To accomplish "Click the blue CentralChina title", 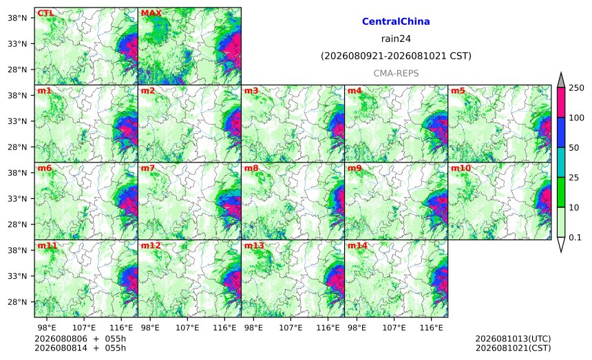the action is click(396, 21).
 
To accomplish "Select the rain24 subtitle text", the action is click(396, 39).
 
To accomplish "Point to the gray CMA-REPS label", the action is click(396, 73).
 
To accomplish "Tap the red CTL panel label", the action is click(45, 14).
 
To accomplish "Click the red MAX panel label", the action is click(151, 14).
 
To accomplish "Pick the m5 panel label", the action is click(458, 91).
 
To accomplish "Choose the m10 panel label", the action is click(461, 169).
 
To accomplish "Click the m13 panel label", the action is click(254, 246).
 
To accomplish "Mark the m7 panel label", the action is click(147, 169).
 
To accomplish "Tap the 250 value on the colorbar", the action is click(576, 88).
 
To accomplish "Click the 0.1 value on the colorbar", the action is click(575, 237).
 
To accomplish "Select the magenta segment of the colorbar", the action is click(560, 103).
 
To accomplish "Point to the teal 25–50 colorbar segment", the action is click(560, 162).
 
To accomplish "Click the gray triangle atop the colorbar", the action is click(560, 81).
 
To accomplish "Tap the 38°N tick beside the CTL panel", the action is click(17, 18).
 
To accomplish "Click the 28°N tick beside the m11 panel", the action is click(17, 302).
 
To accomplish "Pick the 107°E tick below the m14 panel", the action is click(394, 328).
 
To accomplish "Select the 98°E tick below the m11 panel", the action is click(46, 328).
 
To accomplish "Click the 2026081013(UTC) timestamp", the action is click(513, 339).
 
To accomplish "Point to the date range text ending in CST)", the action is click(396, 56).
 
